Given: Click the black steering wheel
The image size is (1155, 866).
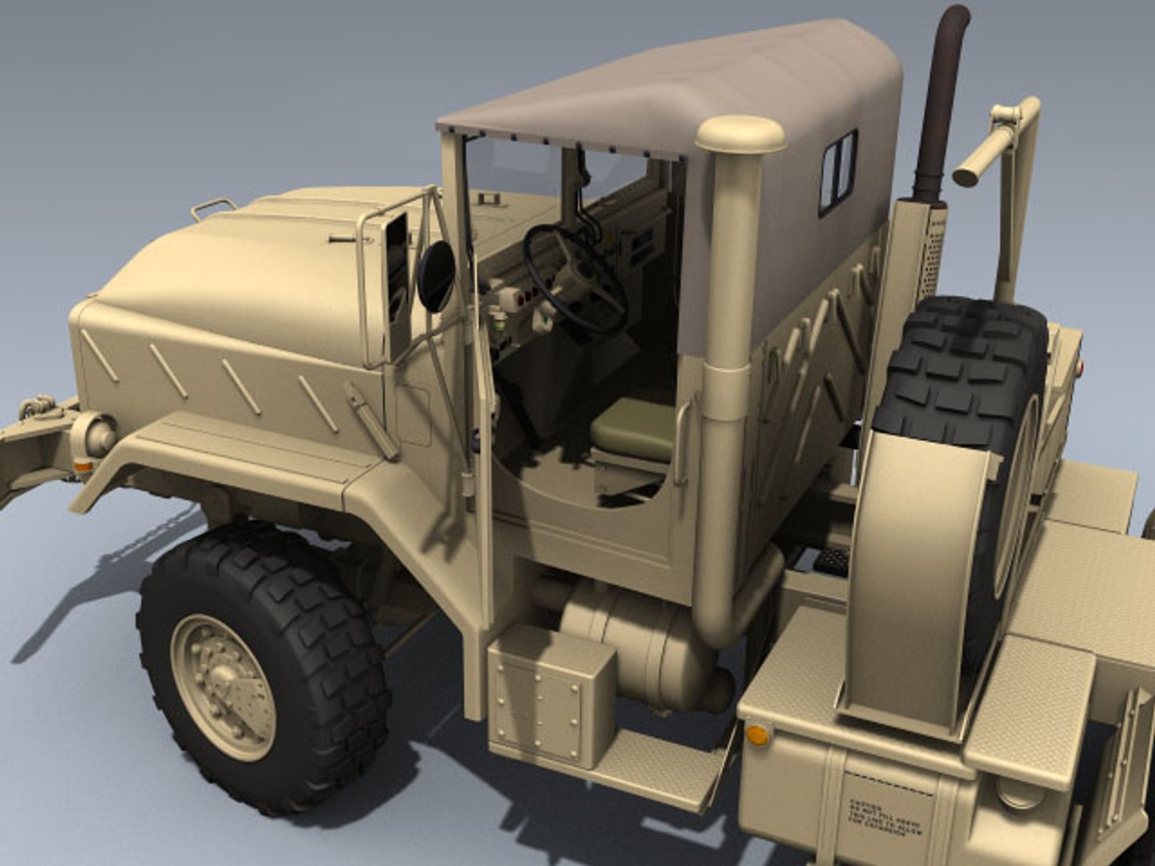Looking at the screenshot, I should pos(574,277).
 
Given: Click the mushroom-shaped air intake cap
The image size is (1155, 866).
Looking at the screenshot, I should pos(740,135).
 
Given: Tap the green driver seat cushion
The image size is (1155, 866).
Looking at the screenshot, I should pos(634,429).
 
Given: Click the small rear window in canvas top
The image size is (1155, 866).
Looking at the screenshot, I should pos(838,172).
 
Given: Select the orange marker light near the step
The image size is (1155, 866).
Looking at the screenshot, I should pos(756,733).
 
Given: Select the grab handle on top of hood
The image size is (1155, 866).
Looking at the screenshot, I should pos(213,208).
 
